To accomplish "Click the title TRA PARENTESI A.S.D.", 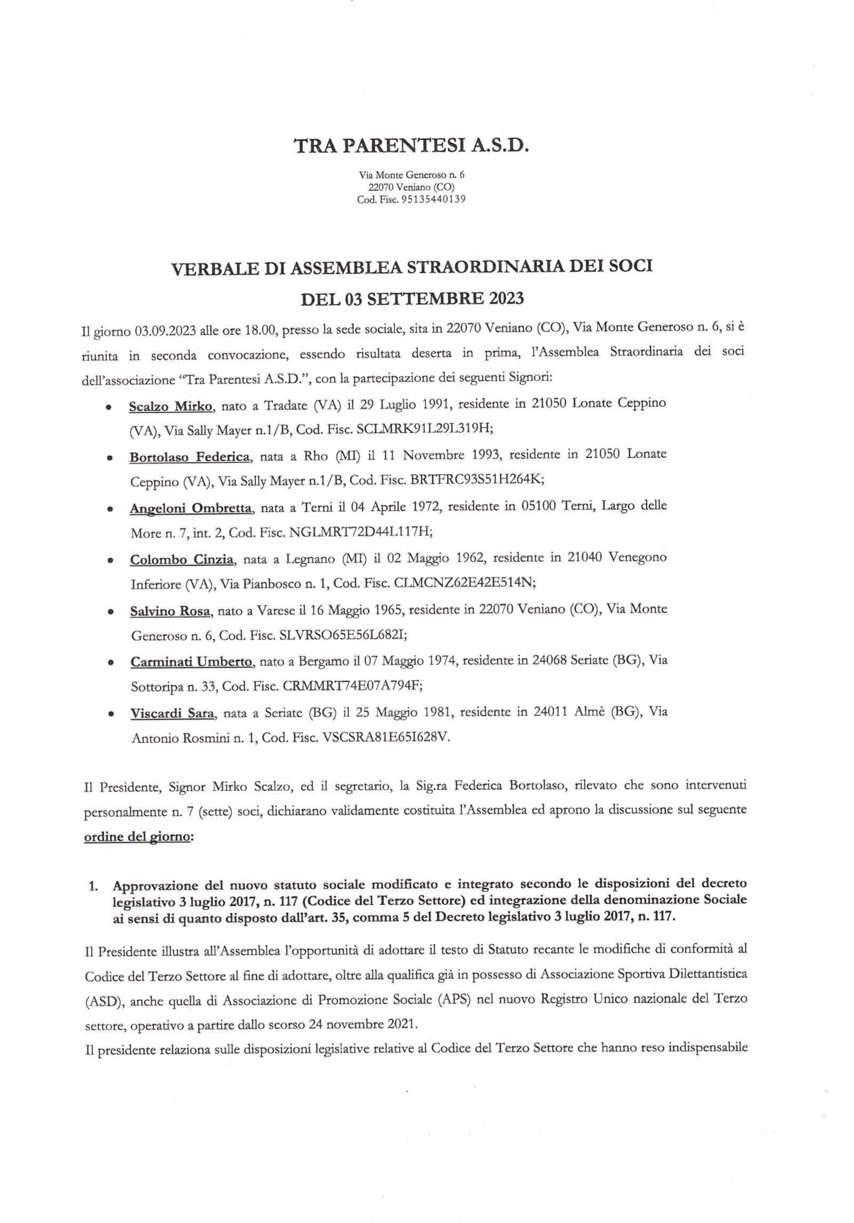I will pyautogui.click(x=411, y=146).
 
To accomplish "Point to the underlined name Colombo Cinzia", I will pyautogui.click(x=182, y=559).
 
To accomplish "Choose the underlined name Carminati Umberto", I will pyautogui.click(x=191, y=662).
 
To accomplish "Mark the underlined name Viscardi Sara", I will pyautogui.click(x=172, y=713).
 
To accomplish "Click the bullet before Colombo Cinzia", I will pyautogui.click(x=110, y=560).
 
